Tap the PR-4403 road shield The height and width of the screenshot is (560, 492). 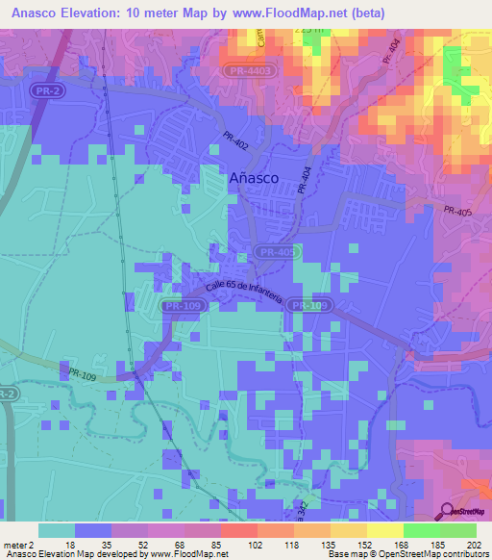(x=252, y=70)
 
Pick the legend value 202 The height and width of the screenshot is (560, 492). (x=472, y=545)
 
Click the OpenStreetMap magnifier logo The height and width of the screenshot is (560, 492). (x=449, y=511)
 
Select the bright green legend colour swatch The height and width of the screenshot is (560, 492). (x=421, y=530)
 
